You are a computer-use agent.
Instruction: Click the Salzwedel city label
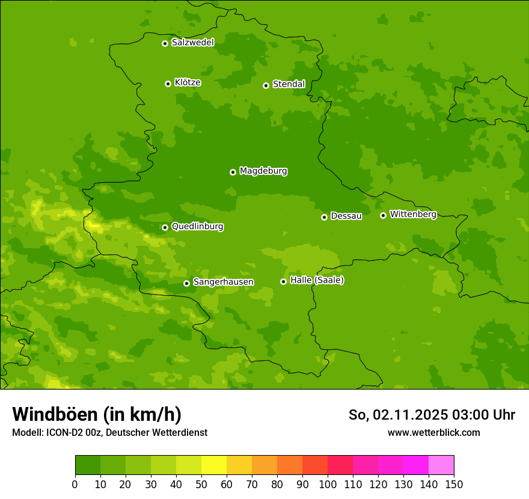tap(192, 43)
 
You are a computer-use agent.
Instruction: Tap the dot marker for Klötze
tap(168, 84)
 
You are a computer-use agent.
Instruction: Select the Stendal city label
tap(289, 84)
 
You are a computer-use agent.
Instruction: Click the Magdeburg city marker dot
tap(233, 172)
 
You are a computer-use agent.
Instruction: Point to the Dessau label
tap(346, 216)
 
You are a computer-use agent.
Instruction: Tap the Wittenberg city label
tap(413, 214)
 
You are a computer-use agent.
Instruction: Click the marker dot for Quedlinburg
tap(165, 227)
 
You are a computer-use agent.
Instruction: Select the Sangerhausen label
tap(223, 282)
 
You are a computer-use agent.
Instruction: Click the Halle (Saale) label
tap(317, 280)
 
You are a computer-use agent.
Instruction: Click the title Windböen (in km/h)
tap(97, 414)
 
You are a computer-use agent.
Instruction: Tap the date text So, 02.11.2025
tap(399, 415)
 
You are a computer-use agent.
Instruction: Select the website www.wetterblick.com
tap(433, 432)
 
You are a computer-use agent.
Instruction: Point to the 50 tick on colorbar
tap(201, 484)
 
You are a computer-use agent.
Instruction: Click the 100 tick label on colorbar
tap(328, 484)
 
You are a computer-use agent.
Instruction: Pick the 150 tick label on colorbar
tap(454, 484)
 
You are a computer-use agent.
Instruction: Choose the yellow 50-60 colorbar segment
tap(214, 465)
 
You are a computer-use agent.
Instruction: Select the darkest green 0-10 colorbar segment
tap(88, 465)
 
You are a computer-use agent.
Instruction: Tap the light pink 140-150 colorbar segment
tap(441, 465)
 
